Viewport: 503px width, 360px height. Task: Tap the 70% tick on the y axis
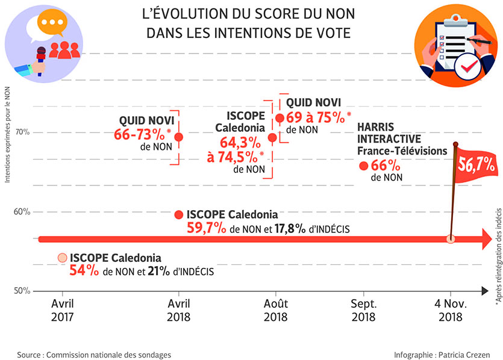(x=22, y=132)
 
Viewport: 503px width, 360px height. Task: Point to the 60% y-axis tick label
(x=22, y=212)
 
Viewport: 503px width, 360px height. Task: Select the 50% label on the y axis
(x=22, y=291)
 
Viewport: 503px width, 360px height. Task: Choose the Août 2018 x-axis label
(x=275, y=309)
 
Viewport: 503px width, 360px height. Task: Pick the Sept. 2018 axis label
(x=364, y=309)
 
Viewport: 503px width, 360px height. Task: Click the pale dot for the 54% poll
(x=62, y=258)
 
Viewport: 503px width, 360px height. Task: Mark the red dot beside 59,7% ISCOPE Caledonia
(x=178, y=215)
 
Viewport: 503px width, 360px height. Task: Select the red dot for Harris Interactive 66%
(x=363, y=166)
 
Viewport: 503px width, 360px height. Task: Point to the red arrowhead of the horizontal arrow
(x=486, y=239)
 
